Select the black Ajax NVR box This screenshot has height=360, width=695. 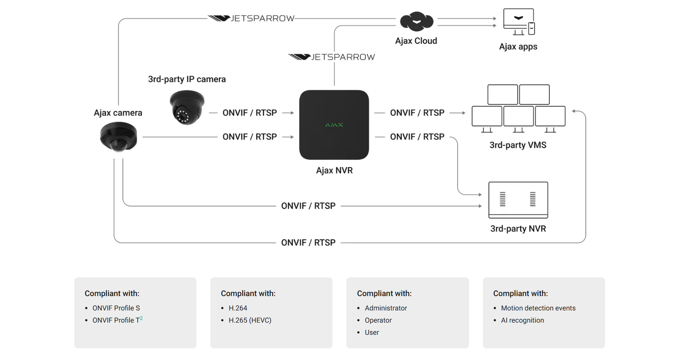(x=334, y=125)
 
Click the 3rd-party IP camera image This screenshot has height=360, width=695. (x=187, y=107)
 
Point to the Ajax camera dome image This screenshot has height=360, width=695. (x=119, y=137)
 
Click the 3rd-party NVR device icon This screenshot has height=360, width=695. (x=518, y=200)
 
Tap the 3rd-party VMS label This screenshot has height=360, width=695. (x=518, y=145)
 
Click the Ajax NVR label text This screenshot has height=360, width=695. (x=334, y=170)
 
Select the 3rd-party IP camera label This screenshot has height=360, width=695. (x=187, y=79)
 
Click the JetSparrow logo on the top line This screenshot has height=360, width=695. (x=251, y=18)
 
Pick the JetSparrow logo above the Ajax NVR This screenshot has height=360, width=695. (x=332, y=57)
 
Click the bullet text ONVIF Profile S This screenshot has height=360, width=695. (x=116, y=308)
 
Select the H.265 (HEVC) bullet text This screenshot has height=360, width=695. (x=250, y=320)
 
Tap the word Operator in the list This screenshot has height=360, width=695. (x=378, y=320)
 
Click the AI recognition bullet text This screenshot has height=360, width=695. (x=522, y=320)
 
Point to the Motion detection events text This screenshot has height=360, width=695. (x=538, y=308)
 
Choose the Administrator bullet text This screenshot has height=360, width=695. (x=386, y=308)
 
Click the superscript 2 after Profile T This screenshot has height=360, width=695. (x=141, y=318)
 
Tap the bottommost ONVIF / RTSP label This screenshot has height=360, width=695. (x=308, y=243)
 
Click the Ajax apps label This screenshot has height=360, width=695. (x=518, y=47)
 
